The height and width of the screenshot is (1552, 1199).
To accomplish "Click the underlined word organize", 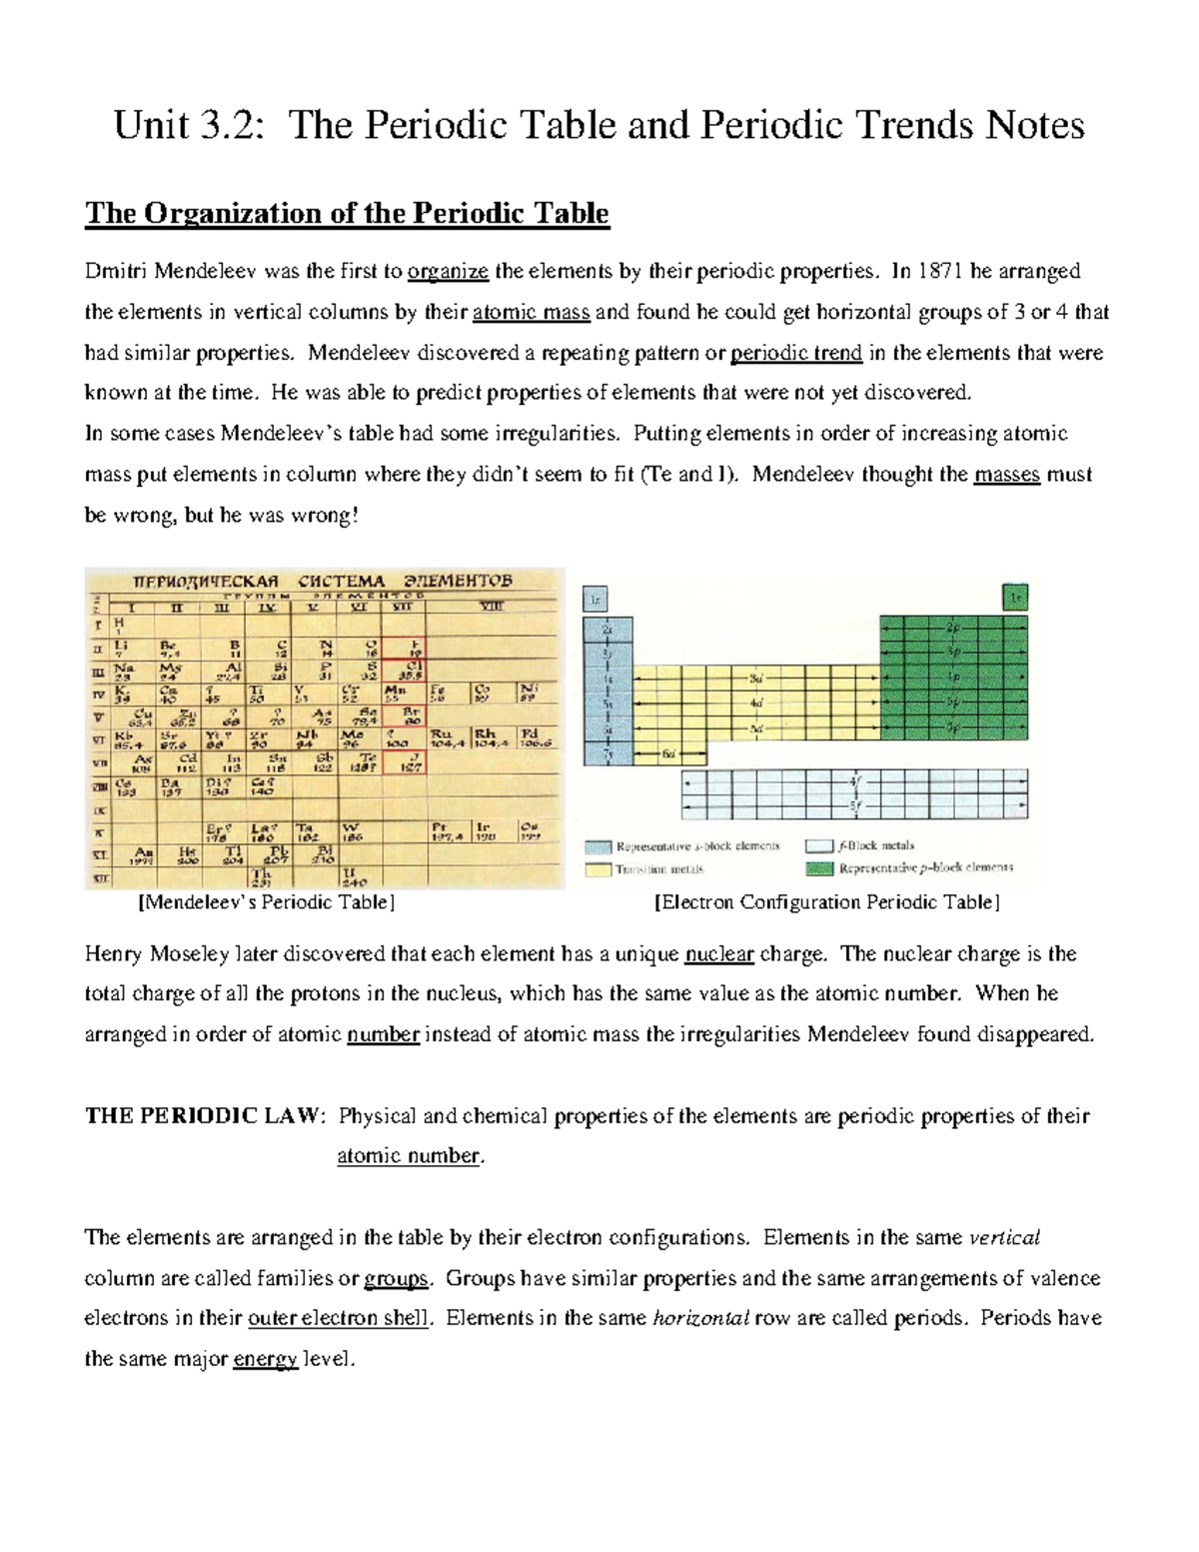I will coord(449,272).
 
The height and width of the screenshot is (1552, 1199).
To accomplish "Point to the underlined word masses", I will coord(1006,475).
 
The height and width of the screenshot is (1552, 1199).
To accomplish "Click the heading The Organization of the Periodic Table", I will coord(347,214).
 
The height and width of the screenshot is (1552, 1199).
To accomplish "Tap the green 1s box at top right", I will coord(1015,599).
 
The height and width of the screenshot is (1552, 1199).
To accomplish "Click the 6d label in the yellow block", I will coord(667,756).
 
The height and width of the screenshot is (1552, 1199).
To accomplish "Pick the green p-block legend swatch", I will coord(818,869).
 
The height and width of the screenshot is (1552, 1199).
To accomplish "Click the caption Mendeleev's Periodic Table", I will coord(266,902).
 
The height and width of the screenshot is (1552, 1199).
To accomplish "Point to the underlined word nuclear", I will coord(718,954).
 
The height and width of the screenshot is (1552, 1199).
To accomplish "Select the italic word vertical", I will coord(1005,1238).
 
